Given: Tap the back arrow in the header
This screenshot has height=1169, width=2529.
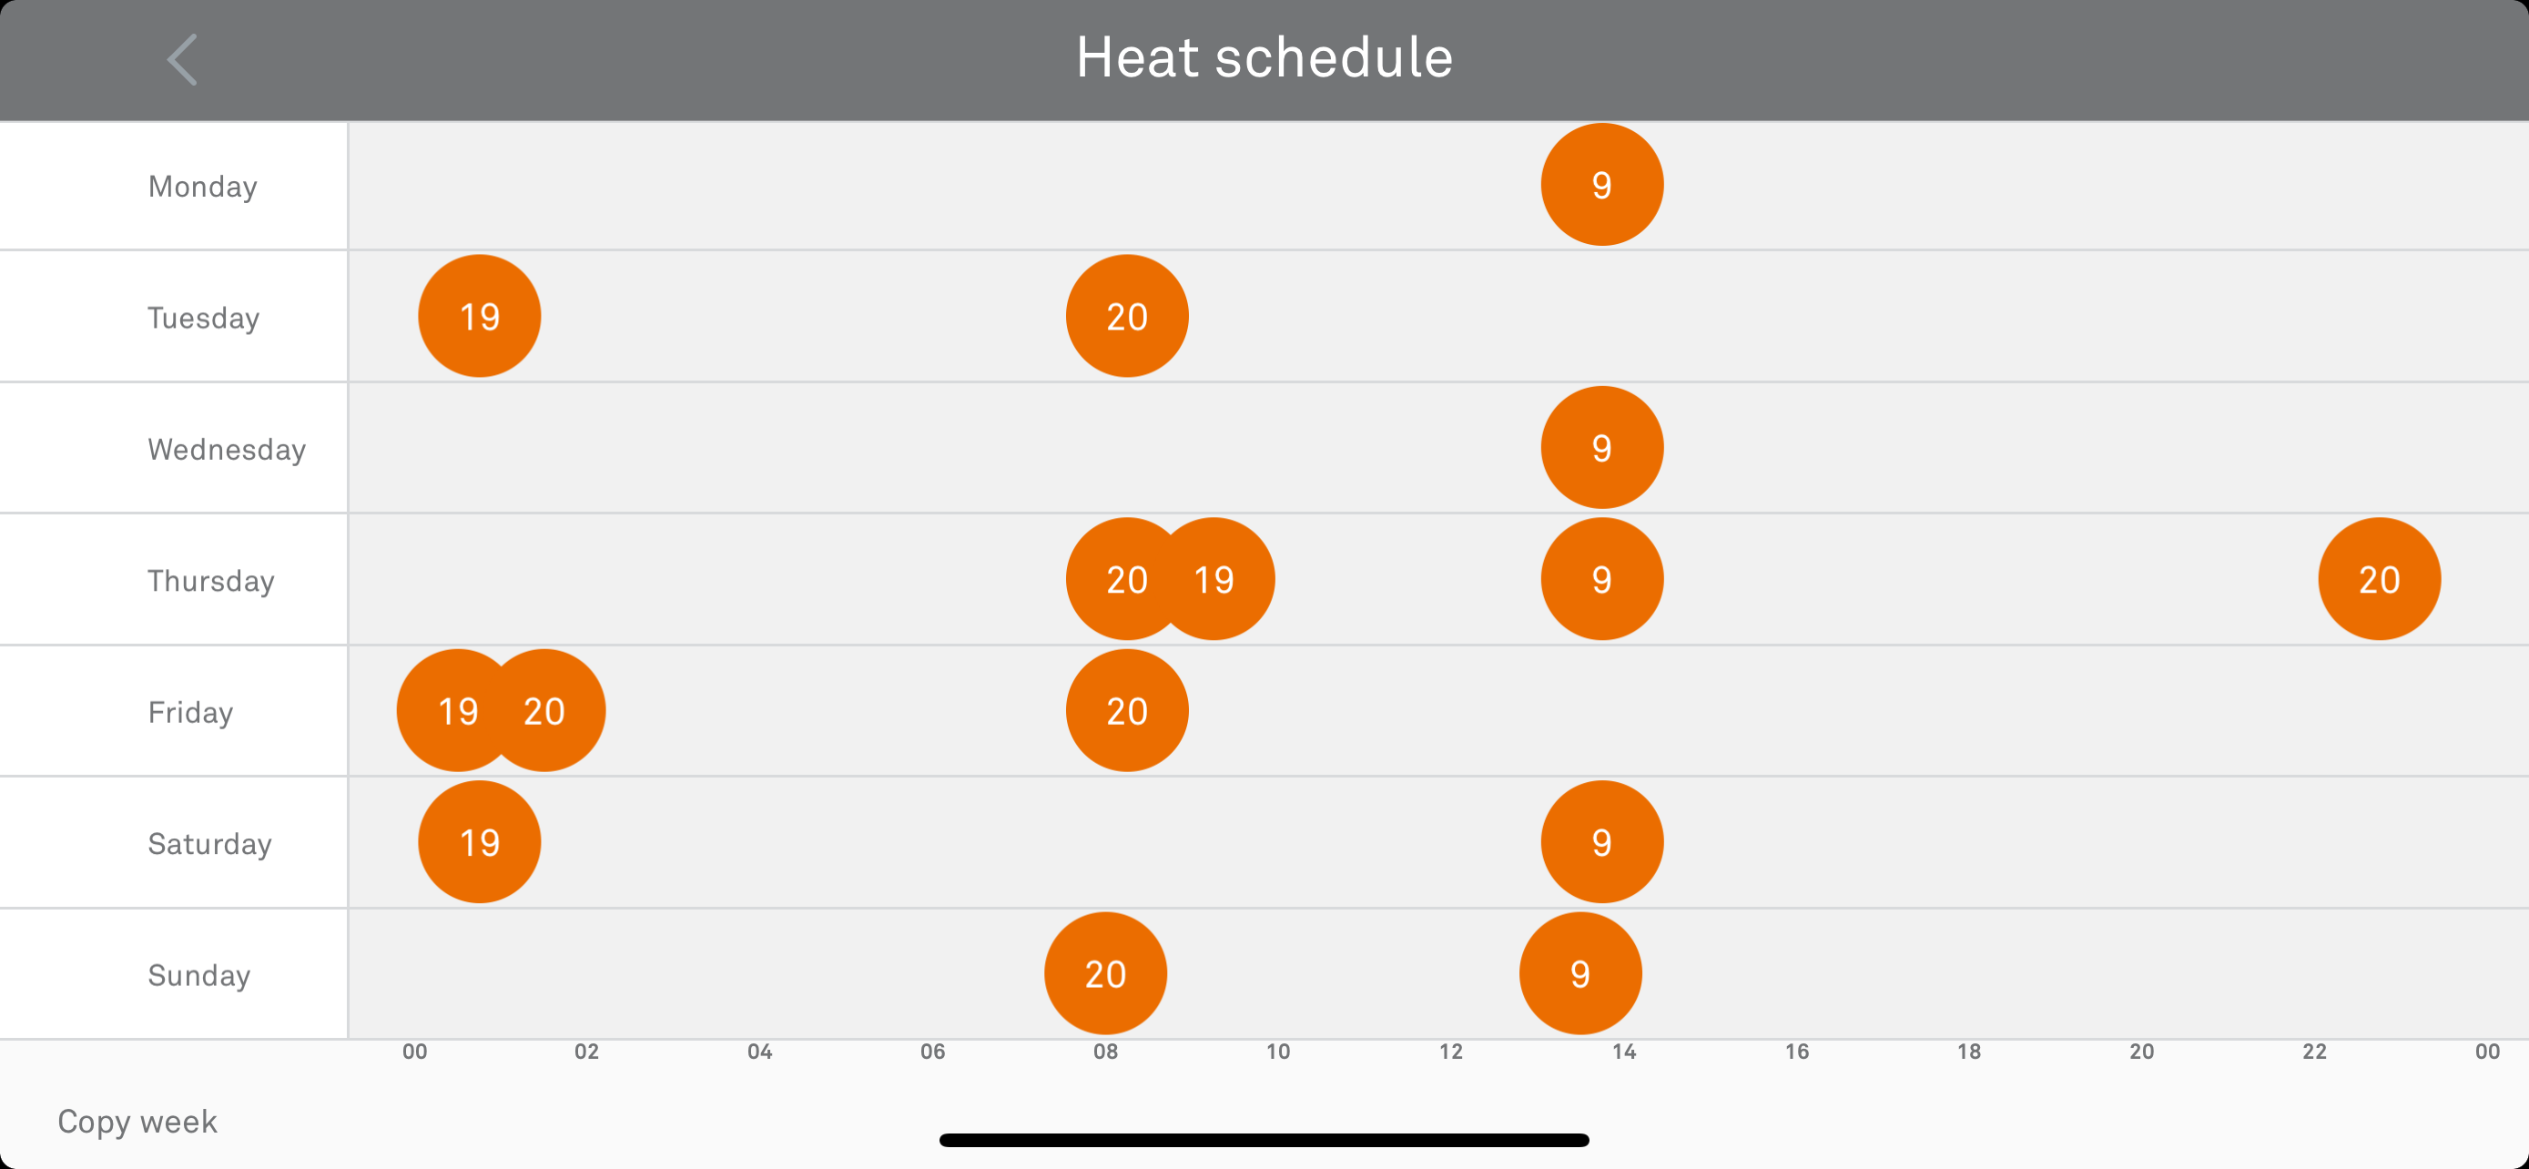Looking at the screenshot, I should click(183, 59).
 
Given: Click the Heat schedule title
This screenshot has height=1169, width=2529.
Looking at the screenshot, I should click(1264, 57).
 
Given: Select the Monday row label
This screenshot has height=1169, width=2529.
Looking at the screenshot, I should click(202, 187).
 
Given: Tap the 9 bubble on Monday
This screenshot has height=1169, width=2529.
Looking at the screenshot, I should click(1601, 185).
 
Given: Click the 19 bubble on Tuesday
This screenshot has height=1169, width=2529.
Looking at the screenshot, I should click(479, 316).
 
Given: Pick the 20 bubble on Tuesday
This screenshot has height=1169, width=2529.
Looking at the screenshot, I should click(1126, 316).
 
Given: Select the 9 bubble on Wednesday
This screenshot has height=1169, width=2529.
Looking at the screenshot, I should click(1601, 448).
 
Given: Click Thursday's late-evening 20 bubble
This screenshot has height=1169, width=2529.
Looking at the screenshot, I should click(2378, 579).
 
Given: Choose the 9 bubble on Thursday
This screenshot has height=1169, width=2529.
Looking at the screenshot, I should click(1601, 579).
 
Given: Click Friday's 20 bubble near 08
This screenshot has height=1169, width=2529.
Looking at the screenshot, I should click(1126, 711).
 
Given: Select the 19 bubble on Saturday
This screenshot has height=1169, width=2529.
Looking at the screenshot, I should click(479, 842).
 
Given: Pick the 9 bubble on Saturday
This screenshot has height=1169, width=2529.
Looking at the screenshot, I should click(1601, 842).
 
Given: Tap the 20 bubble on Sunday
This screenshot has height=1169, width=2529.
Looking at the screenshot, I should click(1104, 973).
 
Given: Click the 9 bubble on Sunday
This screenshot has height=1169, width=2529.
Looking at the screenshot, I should click(1579, 973).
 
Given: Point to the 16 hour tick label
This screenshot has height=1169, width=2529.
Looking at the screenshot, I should click(1795, 1052).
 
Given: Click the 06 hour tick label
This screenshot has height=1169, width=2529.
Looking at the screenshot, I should click(931, 1052).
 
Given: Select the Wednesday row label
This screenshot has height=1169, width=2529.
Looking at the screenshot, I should click(226, 450).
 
